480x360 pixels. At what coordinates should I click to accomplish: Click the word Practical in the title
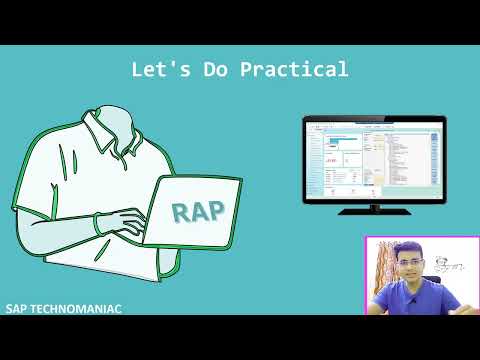point(299,70)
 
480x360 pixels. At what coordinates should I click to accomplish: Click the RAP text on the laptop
point(198,211)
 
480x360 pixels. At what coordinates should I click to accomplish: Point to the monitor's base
point(374,211)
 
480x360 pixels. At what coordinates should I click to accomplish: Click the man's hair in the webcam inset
point(409,248)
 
